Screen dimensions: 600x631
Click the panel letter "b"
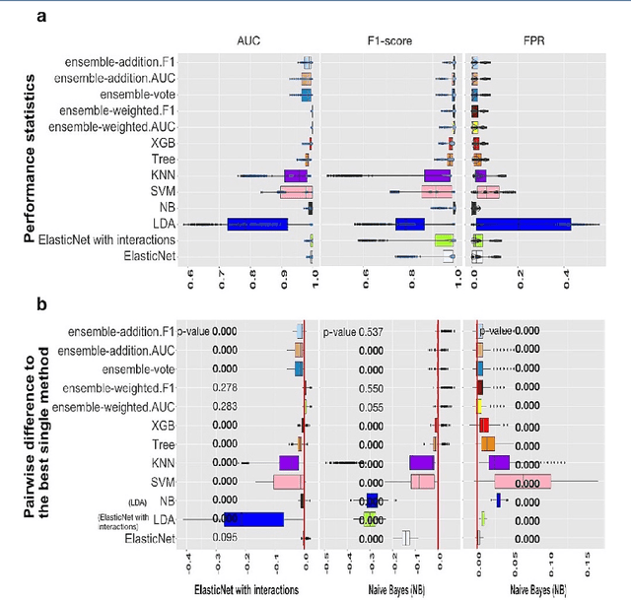tap(42, 304)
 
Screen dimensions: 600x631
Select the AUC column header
tap(247, 42)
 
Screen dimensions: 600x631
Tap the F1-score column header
tap(390, 42)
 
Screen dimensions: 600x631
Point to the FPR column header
tap(536, 42)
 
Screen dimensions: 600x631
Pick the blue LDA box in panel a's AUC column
tap(257, 225)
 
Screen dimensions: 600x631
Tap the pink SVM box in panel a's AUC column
tap(296, 192)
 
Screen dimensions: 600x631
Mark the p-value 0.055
tap(372, 407)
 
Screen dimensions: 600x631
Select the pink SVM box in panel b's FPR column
tap(522, 482)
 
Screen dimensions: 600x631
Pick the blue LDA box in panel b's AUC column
tap(254, 519)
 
